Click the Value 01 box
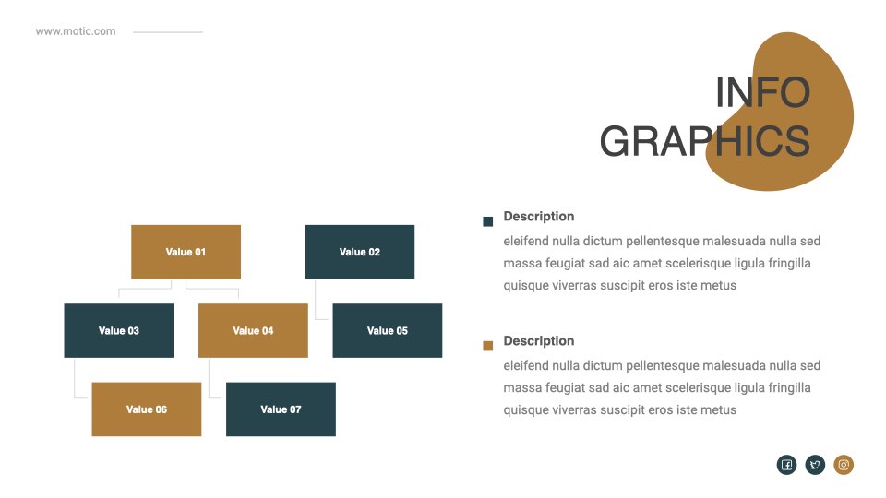pyautogui.click(x=186, y=252)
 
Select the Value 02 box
pyautogui.click(x=359, y=252)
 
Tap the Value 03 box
pyautogui.click(x=119, y=330)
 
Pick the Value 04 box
pyautogui.click(x=253, y=330)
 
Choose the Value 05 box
pyautogui.click(x=387, y=330)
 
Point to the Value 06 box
pyautogui.click(x=147, y=409)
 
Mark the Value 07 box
pyautogui.click(x=281, y=409)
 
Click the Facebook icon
pyautogui.click(x=786, y=465)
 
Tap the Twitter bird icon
pyautogui.click(x=815, y=465)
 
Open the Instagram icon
pyautogui.click(x=844, y=465)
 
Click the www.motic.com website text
pyautogui.click(x=76, y=31)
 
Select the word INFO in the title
pyautogui.click(x=763, y=92)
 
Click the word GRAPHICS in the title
pyautogui.click(x=704, y=141)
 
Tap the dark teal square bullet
pyautogui.click(x=487, y=221)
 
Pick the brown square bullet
pyautogui.click(x=487, y=346)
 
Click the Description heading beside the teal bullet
pyautogui.click(x=538, y=216)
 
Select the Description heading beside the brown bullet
pyautogui.click(x=538, y=341)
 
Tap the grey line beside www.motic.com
pyautogui.click(x=168, y=32)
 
